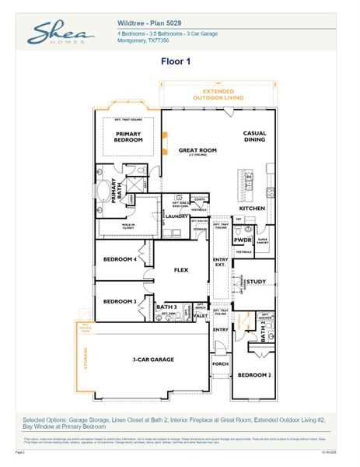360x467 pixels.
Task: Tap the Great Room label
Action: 197,150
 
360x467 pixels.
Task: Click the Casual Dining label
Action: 254,137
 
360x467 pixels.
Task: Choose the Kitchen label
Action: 253,209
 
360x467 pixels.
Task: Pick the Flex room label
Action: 180,270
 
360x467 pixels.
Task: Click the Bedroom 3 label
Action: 121,300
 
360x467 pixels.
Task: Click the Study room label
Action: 257,281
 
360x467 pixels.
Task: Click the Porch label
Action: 221,363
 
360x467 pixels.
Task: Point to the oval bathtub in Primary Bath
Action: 104,191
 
